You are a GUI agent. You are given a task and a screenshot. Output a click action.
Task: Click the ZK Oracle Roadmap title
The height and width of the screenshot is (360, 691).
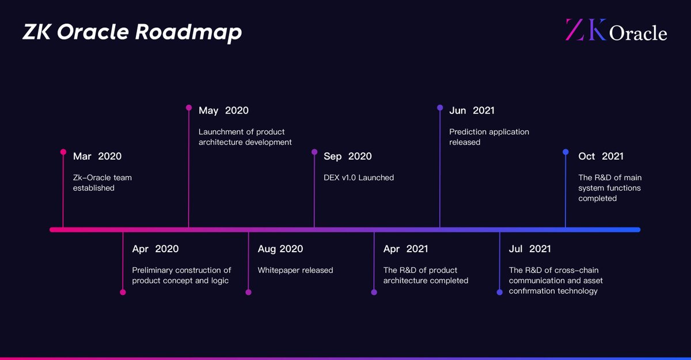pos(132,33)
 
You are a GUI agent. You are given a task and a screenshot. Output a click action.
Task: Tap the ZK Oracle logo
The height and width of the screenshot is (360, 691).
pos(616,31)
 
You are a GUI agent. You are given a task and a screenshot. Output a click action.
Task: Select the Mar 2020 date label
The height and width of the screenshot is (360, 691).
pos(97,156)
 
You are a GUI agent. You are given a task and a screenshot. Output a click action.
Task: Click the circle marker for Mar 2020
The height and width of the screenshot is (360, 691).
pos(63,152)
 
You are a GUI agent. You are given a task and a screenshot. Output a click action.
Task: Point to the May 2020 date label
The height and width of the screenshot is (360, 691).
pos(223,111)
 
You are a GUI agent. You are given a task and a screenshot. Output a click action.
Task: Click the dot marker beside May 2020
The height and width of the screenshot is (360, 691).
pos(189,108)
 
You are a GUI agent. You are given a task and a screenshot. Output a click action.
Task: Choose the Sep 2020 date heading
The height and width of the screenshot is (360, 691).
pos(347,156)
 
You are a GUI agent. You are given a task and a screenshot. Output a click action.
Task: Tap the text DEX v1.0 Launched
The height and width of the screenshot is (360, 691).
pos(359,177)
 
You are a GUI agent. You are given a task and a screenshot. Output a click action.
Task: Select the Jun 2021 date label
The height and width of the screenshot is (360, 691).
pos(472,111)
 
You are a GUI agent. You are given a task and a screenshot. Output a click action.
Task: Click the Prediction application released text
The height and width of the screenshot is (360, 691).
pos(489,137)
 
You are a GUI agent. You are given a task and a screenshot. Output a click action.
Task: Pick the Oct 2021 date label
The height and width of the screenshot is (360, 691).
pos(601,156)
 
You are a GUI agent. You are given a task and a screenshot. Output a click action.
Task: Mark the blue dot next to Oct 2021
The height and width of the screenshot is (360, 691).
pos(565,152)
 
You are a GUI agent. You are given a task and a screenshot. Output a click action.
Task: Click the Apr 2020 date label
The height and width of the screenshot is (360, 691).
pos(155,249)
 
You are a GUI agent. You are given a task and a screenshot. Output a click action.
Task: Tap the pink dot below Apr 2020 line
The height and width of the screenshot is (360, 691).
pos(123,292)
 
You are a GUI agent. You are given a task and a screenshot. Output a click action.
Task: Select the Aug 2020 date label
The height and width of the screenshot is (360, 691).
pos(280,249)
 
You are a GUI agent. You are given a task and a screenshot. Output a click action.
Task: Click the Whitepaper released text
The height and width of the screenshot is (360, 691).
pos(295,270)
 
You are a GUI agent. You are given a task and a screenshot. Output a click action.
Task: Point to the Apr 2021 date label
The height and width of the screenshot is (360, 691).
pos(405,249)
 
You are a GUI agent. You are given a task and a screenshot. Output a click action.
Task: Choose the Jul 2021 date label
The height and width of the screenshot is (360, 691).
pos(530,249)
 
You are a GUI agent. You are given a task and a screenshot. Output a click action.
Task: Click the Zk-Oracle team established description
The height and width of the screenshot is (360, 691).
pos(102,183)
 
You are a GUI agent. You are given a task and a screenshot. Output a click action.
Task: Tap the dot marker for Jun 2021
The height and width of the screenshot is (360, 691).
pos(440,108)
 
